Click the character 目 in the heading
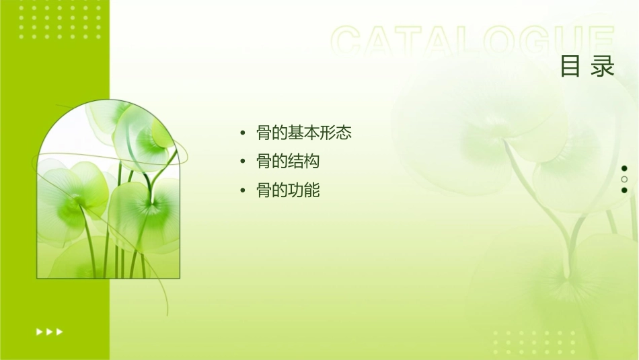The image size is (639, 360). point(570,67)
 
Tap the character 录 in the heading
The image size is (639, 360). point(603,67)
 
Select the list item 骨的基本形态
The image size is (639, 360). point(304,133)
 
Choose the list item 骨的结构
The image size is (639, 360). point(288,162)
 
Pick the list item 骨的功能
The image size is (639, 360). point(288,191)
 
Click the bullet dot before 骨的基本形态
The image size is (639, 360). point(243,134)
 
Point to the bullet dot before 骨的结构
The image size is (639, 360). point(243,163)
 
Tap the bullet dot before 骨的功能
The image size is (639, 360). point(243,192)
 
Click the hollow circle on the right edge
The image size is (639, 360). point(624,179)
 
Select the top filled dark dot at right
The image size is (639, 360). point(624,168)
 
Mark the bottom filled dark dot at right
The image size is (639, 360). point(624,190)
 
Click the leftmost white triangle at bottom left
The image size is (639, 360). point(39,332)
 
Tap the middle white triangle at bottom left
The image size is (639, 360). point(49,332)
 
